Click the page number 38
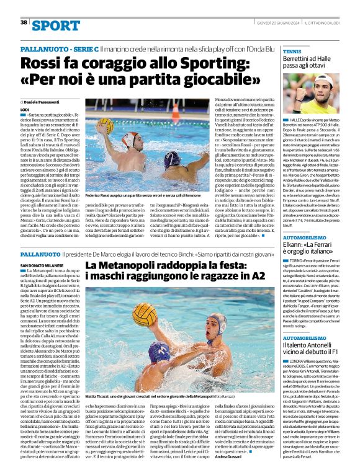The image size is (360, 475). [24, 22]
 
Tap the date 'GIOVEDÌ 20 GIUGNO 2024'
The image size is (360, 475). [277, 22]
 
